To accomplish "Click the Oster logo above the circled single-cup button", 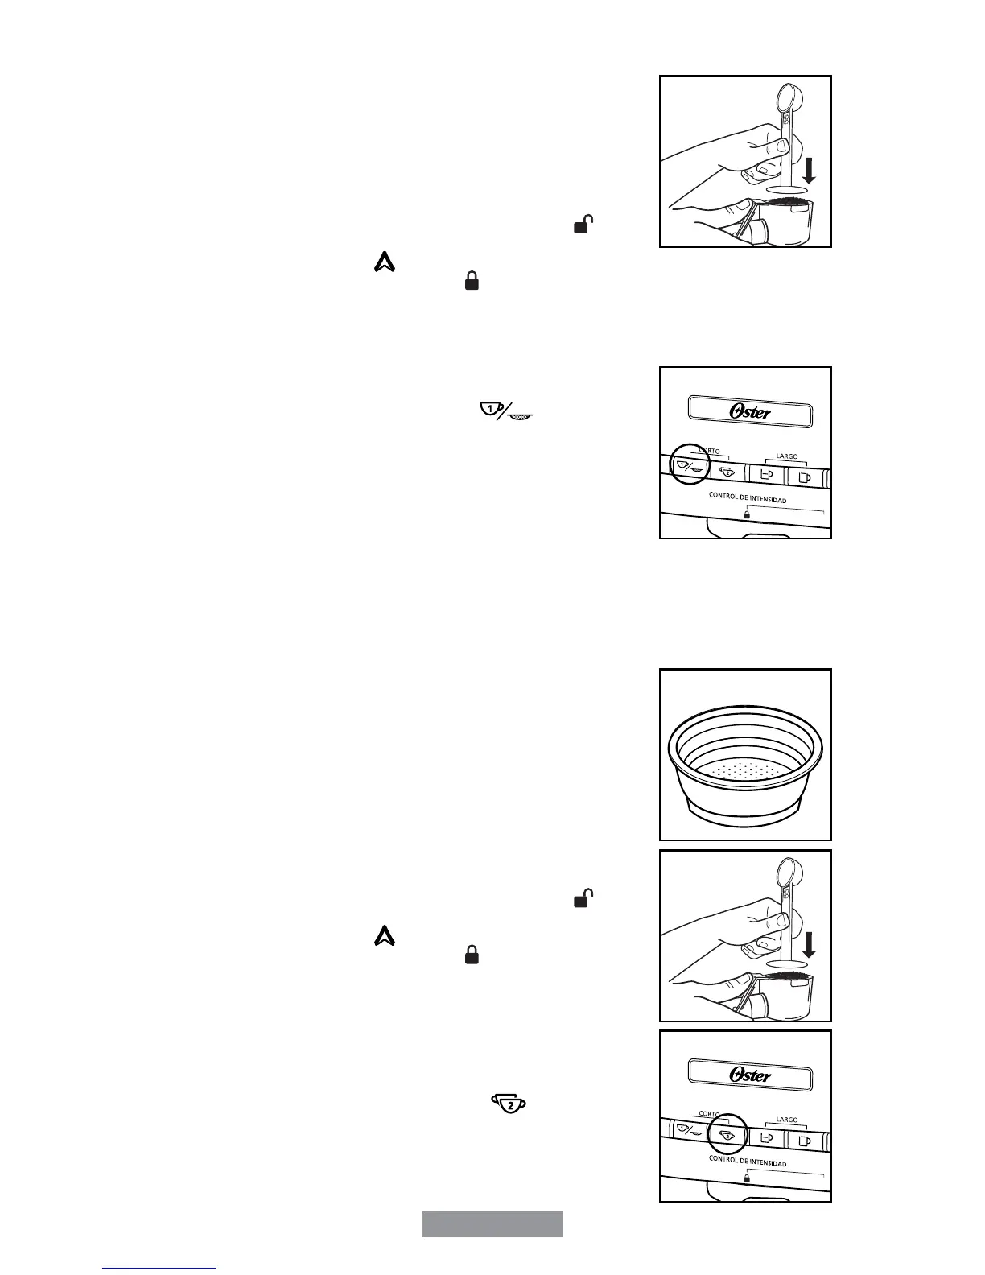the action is pos(750,411).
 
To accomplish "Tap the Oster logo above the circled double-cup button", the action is pos(750,1075).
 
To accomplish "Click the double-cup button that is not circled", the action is pos(727,472).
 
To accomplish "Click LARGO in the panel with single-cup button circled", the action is pos(786,456).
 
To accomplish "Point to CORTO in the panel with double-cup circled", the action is pos(709,1115).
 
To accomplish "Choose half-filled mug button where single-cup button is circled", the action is pos(765,475).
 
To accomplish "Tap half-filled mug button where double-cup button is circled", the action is pos(765,1138).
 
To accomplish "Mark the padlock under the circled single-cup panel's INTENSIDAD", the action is pos(747,514).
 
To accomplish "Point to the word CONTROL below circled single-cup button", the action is pos(724,496).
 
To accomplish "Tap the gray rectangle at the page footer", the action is pos(492,1223).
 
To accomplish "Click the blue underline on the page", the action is pos(159,1268).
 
